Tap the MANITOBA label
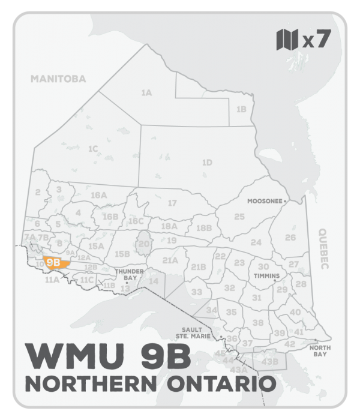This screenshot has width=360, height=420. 59,79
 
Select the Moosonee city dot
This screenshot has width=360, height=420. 285,201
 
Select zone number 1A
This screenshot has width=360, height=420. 146,93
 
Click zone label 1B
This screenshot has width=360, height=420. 241,109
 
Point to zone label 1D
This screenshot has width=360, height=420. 207,162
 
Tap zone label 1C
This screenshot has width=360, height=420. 92,148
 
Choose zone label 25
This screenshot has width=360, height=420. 239,216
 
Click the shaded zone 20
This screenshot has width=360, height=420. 143,244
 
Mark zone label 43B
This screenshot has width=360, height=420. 271,361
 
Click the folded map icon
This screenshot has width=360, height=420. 287,40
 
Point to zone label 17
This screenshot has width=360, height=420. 172,203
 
